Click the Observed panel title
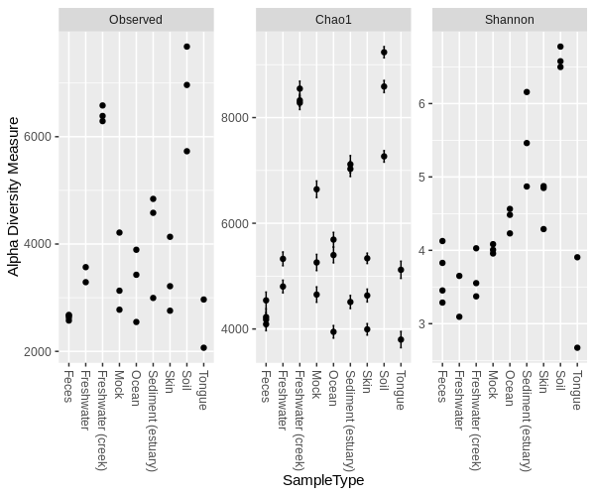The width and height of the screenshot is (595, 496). pos(136,20)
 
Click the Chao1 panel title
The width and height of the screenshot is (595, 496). pos(333,20)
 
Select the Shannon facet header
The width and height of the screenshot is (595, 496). pos(510,20)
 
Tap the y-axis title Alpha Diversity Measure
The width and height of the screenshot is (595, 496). pos(14,196)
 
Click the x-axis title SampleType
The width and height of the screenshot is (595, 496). pos(323,480)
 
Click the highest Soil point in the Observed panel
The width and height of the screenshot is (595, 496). pos(186,47)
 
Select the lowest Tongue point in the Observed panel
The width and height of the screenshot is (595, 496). pos(203,347)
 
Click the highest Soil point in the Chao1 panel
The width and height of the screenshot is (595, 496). pos(384,52)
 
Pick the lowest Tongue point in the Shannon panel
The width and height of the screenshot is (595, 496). pos(577,347)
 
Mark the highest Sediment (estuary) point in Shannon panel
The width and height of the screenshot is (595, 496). pos(527,92)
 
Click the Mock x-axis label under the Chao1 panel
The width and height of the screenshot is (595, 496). pos(316,383)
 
